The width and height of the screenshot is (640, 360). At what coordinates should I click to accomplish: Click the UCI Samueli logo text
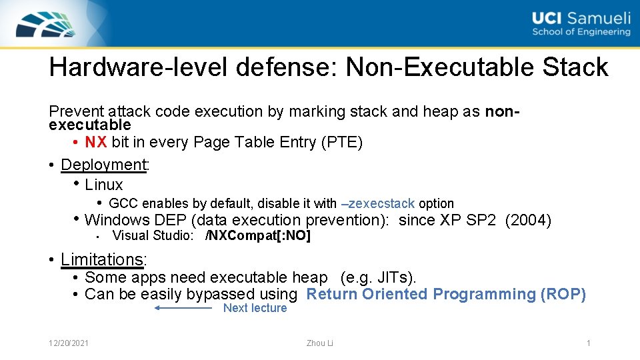pyautogui.click(x=581, y=25)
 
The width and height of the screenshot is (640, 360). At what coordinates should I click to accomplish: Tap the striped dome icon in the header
pyautogui.click(x=47, y=24)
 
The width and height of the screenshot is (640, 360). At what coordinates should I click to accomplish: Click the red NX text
pyautogui.click(x=96, y=142)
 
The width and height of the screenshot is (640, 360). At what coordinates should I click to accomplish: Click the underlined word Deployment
pyautogui.click(x=103, y=164)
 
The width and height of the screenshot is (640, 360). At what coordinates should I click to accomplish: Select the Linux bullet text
pyautogui.click(x=104, y=185)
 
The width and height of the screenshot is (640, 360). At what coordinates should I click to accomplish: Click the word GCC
pyautogui.click(x=123, y=203)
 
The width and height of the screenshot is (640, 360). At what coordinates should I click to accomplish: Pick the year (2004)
pyautogui.click(x=528, y=220)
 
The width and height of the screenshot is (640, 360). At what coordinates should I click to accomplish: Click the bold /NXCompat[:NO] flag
pyautogui.click(x=258, y=236)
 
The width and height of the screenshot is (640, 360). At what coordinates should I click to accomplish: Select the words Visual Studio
pyautogui.click(x=153, y=236)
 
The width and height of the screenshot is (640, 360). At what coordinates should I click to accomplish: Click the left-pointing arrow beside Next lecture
pyautogui.click(x=183, y=308)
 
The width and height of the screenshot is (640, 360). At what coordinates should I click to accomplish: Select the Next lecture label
pyautogui.click(x=255, y=308)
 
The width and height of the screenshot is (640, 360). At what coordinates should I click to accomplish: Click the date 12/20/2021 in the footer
pyautogui.click(x=70, y=343)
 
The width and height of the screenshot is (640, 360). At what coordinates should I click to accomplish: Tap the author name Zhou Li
pyautogui.click(x=319, y=343)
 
